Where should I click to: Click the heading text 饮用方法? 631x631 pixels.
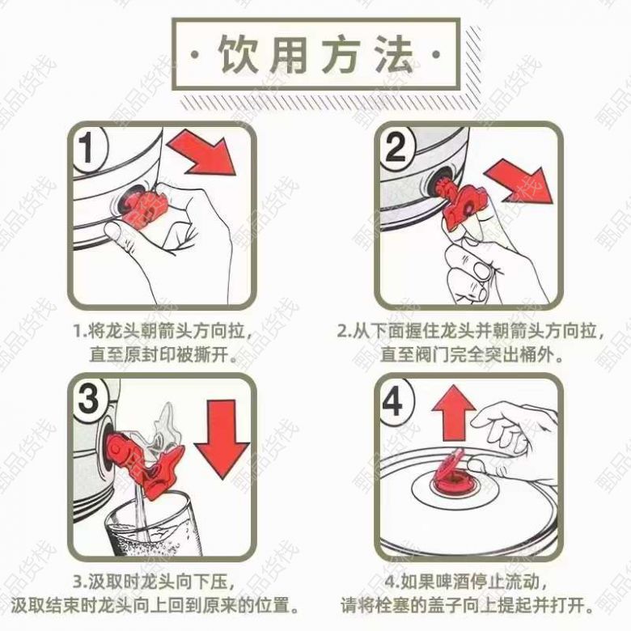(x=315, y=54)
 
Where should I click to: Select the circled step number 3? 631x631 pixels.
(x=89, y=399)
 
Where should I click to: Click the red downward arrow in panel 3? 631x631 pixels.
(x=222, y=438)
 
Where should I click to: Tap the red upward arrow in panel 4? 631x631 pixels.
(x=454, y=413)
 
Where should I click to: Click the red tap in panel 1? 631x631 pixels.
(x=144, y=206)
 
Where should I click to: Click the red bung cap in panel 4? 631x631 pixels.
(x=454, y=474)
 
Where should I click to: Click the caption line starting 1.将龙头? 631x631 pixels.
(x=163, y=332)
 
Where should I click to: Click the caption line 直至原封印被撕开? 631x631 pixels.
(x=163, y=355)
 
